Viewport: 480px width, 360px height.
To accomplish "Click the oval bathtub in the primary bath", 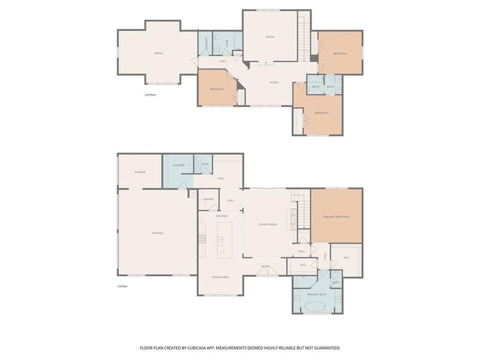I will pos(316,307).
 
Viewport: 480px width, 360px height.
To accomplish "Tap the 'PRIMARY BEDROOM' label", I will pos(336,217).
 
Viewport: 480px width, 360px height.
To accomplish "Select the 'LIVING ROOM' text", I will pos(268,224).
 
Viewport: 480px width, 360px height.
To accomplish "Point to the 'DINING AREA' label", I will pos(221,277).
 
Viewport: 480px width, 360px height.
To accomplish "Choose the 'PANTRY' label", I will pos(209,199).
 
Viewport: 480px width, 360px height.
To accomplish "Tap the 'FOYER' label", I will pos(265,266).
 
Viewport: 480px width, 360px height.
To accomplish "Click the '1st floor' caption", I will pos(122,286).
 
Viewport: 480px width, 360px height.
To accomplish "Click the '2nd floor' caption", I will pos(149,95).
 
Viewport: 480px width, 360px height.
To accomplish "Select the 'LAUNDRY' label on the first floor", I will pos(178,165).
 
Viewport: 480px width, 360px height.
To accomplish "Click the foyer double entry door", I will pos(265,273).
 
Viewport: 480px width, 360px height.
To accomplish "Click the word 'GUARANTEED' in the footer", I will pos(325,347).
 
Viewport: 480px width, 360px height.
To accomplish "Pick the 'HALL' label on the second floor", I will pos(223,61).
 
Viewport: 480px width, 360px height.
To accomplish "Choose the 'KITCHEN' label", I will pos(222,215).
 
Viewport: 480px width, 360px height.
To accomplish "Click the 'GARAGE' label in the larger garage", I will pos(157,233).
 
